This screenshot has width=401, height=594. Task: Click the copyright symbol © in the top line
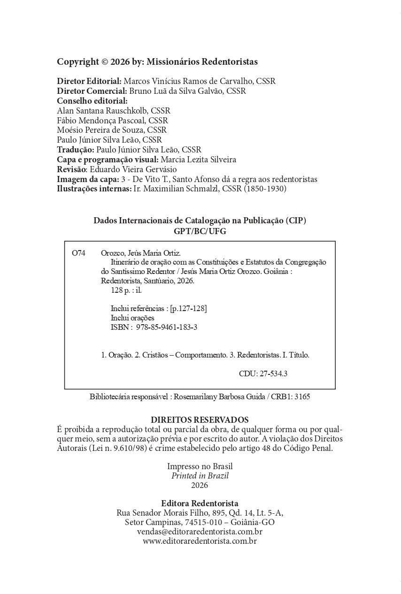tap(105, 62)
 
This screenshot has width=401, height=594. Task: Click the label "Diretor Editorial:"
tap(89, 81)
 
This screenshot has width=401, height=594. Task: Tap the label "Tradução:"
tap(76, 150)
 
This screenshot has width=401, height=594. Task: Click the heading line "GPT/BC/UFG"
tap(200, 231)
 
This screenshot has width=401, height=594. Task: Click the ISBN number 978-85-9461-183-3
tap(167, 327)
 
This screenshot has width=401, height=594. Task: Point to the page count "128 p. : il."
tap(123, 290)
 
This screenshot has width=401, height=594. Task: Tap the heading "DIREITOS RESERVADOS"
tap(200, 420)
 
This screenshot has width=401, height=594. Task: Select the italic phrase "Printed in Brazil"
tap(200, 476)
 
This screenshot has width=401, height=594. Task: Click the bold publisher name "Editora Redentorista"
tap(200, 503)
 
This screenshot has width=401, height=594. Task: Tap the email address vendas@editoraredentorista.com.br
tap(200, 532)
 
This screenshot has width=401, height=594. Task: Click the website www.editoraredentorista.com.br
tap(200, 541)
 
